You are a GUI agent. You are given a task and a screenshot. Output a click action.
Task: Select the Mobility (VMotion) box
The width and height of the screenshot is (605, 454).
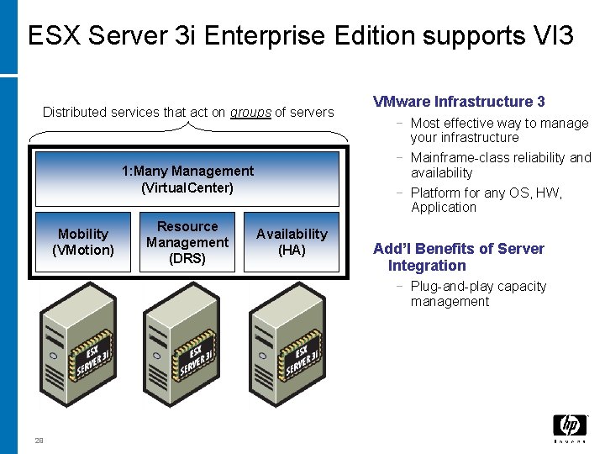coord(83,242)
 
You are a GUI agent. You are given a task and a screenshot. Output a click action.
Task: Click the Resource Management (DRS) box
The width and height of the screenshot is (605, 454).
coord(187,242)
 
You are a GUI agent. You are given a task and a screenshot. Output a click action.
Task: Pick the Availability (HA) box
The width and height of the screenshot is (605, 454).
coord(292,242)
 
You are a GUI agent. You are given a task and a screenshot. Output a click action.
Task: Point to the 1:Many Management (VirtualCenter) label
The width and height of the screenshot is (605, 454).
coord(187,179)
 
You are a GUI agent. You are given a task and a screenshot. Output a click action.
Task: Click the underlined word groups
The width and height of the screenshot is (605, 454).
coord(250,112)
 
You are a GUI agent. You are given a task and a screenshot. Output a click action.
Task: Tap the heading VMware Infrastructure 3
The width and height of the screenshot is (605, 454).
coord(459,102)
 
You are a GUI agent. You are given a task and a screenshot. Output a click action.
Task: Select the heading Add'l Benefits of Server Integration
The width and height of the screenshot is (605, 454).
coord(458,256)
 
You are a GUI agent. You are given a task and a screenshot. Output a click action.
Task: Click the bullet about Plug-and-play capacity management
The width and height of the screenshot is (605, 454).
coord(478,293)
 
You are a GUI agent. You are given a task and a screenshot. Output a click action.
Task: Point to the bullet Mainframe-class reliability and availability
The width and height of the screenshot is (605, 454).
coord(501,165)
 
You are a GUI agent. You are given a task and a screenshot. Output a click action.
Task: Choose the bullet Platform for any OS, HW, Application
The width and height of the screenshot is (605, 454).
coord(487,200)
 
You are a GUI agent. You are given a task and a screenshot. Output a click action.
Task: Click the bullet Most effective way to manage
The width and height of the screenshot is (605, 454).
coord(499,130)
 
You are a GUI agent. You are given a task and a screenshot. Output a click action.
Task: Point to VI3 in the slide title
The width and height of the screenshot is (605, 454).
coord(553,36)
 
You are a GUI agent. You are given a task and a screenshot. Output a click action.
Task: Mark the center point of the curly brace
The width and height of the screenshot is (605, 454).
coord(188,127)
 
